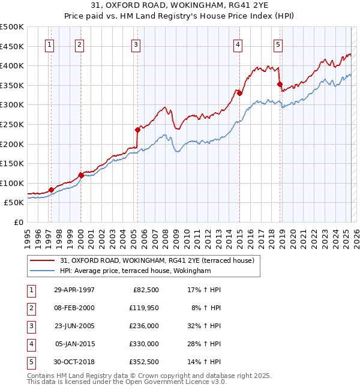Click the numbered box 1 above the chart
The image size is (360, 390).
tap(49, 44)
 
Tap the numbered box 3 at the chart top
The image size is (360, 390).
tap(136, 44)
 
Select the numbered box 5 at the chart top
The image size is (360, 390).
tap(278, 44)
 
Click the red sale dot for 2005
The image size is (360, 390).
tap(137, 130)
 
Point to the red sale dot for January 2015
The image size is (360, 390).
tap(239, 93)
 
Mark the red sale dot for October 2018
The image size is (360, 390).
tap(280, 84)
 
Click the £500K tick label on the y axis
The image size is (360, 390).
tap(12, 27)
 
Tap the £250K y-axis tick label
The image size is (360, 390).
tap(12, 124)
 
